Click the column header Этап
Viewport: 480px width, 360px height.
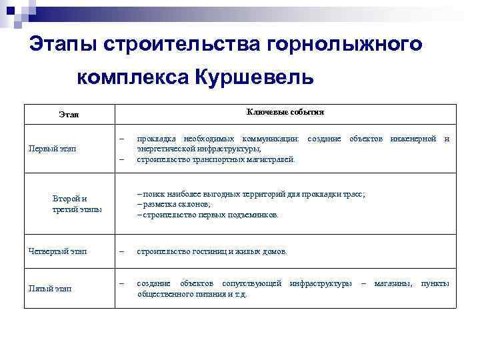(x=68, y=115)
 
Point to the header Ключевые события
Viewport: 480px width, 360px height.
(x=285, y=111)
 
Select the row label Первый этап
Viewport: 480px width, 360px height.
(x=52, y=148)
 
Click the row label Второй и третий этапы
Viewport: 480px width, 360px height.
(x=76, y=203)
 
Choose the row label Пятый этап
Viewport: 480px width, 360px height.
(x=51, y=288)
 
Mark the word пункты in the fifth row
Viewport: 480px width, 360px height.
(x=435, y=283)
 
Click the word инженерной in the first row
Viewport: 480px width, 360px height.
(x=413, y=139)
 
